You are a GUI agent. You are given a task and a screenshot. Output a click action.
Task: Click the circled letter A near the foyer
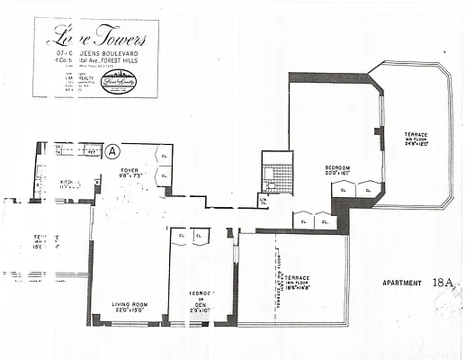point(112,151)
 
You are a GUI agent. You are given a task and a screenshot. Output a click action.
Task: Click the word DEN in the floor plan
point(201,304)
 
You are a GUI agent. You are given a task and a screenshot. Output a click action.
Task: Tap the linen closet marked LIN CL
point(263,201)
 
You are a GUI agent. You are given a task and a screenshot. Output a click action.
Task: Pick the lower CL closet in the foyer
point(163,176)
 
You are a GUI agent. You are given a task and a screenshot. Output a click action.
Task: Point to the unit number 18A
point(444,282)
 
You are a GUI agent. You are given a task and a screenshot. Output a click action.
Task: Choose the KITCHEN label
point(69,183)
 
